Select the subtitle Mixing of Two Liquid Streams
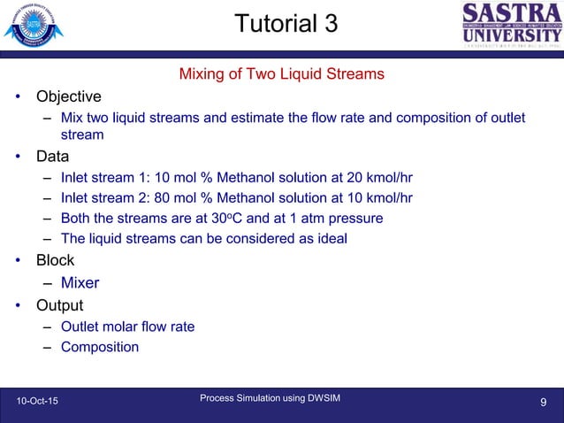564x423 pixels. click(x=281, y=73)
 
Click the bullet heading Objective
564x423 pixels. click(x=68, y=96)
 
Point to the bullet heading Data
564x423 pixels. click(x=52, y=158)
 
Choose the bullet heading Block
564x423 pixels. click(x=55, y=260)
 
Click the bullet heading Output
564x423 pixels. click(x=59, y=305)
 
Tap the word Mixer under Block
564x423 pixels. click(x=80, y=283)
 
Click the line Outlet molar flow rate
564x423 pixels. click(x=127, y=327)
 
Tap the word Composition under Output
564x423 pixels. click(x=100, y=347)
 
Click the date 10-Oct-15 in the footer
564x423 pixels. click(x=38, y=403)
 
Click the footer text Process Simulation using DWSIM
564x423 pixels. click(x=270, y=399)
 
